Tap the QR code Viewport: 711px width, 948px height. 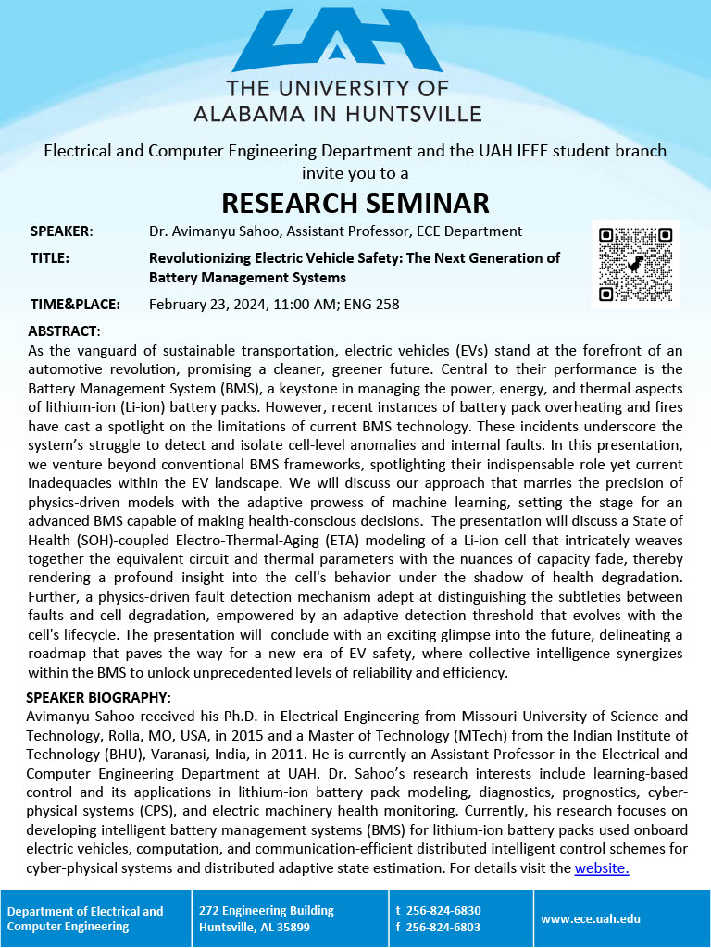pos(636,264)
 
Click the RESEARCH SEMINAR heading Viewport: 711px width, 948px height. pos(355,203)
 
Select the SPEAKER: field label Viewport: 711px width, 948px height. pos(61,231)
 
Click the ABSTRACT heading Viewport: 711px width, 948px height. pos(64,331)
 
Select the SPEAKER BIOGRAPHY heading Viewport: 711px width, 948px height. pos(98,697)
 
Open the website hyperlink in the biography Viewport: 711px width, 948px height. pos(602,867)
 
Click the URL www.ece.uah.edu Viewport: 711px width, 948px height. pos(591,918)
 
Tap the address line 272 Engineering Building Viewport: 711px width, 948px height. pos(267,910)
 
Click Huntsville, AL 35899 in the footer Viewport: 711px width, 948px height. pos(255,927)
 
